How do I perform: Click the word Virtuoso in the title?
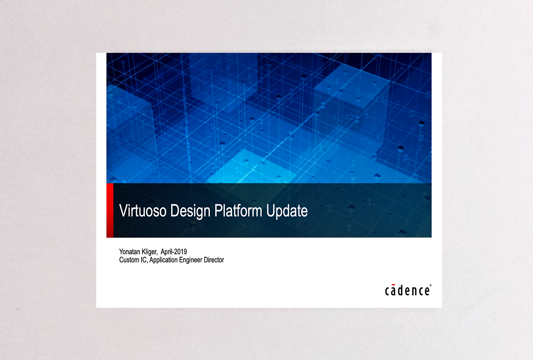(x=142, y=211)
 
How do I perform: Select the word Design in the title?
(x=190, y=211)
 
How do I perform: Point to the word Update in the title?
(x=287, y=211)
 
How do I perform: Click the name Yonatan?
(x=130, y=251)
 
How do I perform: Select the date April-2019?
(x=174, y=252)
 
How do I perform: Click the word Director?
(x=214, y=260)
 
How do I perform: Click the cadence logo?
(x=408, y=290)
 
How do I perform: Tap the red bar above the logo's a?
(x=394, y=284)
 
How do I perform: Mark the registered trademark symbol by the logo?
(x=431, y=285)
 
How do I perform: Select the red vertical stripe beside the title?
(x=110, y=211)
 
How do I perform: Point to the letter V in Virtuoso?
(x=124, y=211)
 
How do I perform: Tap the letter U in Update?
(x=271, y=211)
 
